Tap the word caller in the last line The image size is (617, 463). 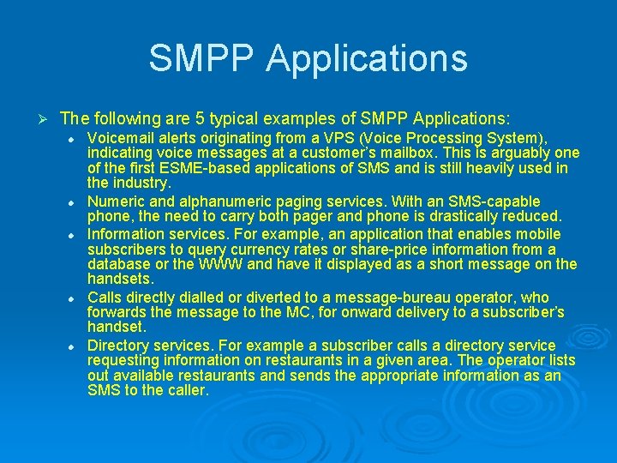(x=187, y=391)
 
